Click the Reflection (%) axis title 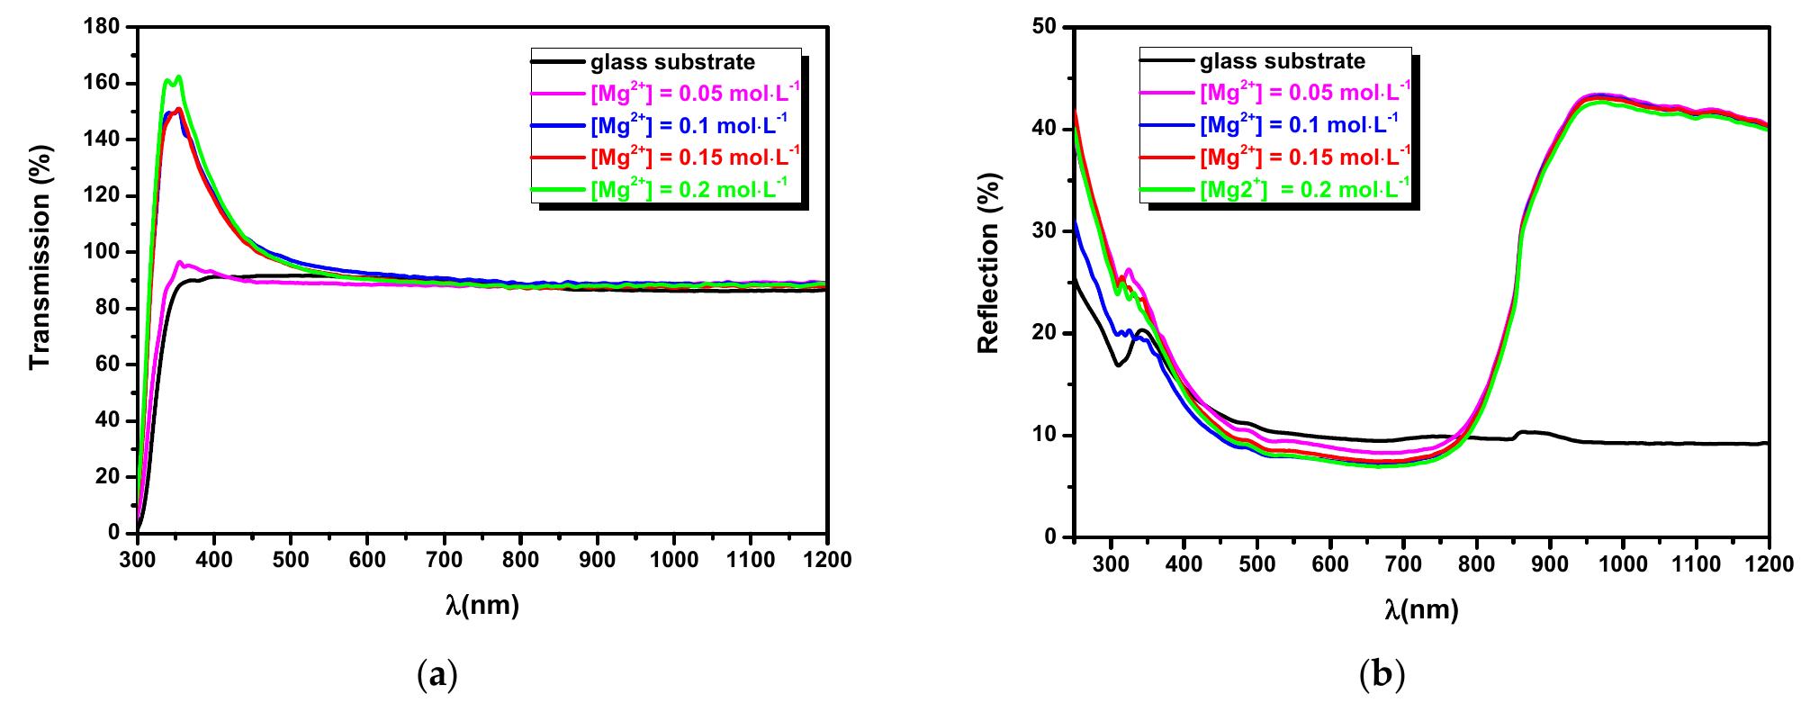tap(988, 282)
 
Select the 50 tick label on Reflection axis tap(1048, 27)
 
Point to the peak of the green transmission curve tap(178, 77)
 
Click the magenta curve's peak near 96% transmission tap(180, 263)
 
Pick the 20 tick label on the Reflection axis tap(1048, 333)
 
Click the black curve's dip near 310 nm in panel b tap(1118, 365)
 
